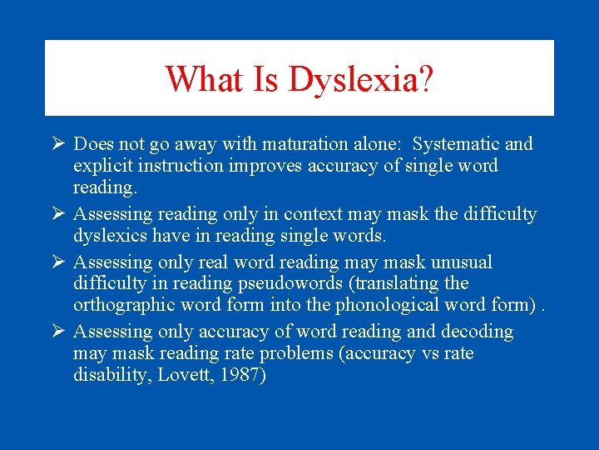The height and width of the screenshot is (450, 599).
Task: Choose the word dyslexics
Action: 111,236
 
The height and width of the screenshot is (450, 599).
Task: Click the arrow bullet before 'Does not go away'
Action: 57,144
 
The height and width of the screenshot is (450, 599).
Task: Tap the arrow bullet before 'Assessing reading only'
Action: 57,214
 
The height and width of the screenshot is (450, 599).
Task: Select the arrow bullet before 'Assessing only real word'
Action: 57,262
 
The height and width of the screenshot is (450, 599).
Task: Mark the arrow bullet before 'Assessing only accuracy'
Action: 57,332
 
